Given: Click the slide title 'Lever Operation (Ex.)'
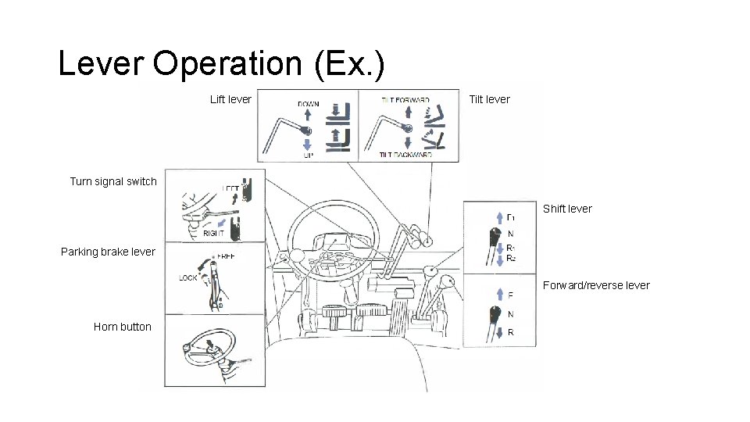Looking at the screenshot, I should [x=221, y=64].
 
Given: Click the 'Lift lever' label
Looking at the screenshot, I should [x=231, y=99].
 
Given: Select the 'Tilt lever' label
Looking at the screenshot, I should [x=489, y=99].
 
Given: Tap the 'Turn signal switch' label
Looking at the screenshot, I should [x=113, y=181].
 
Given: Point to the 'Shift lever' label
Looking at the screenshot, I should [x=567, y=209].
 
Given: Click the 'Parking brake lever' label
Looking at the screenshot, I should [x=108, y=252].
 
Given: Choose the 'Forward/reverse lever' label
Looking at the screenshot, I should [x=596, y=285].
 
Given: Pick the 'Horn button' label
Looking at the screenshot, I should [x=123, y=327].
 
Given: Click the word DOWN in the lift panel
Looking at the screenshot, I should [x=308, y=104].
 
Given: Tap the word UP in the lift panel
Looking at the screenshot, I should [x=308, y=156].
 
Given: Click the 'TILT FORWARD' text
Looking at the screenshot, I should [x=405, y=100].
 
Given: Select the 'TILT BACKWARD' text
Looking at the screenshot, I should [x=405, y=156].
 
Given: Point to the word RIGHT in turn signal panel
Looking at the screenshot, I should [x=214, y=233].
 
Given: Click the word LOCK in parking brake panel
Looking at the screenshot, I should [x=188, y=277].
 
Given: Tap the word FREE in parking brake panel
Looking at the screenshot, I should [x=226, y=256].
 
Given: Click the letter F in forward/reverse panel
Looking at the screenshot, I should [x=510, y=296].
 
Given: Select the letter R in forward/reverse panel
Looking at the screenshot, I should [x=510, y=332].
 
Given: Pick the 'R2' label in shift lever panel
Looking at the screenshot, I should [x=511, y=258].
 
